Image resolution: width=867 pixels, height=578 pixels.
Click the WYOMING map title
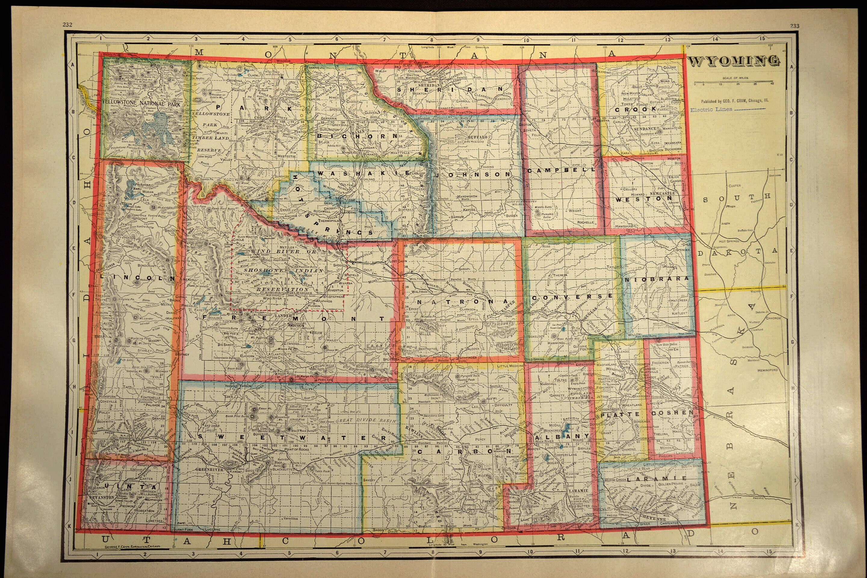[x=734, y=61]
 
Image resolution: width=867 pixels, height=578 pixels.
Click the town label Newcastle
[x=662, y=193]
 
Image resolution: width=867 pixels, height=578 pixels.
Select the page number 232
[x=67, y=25]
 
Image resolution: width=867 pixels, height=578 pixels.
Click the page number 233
[x=794, y=26]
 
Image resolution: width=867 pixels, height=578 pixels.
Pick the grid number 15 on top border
[x=762, y=38]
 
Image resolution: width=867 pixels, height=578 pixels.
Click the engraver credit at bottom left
[x=132, y=547]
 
